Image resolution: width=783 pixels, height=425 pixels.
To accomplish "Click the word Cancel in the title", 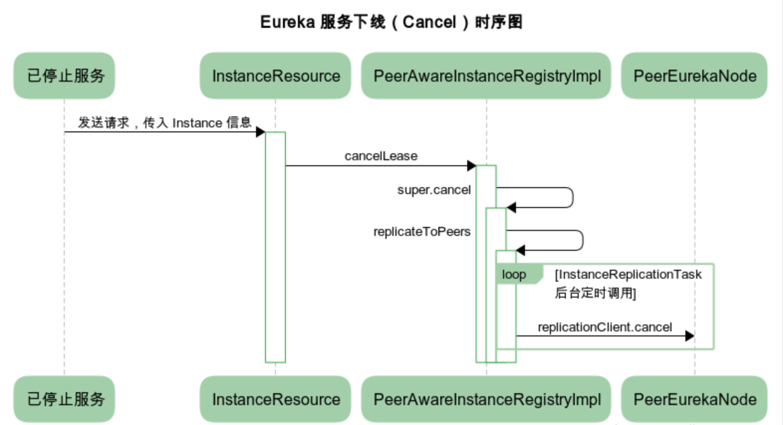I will (429, 22).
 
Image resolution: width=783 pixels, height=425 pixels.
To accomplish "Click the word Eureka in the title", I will (287, 22).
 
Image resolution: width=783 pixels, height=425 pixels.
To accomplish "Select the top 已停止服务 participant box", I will (64, 76).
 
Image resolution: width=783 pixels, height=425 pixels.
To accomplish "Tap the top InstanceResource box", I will (275, 76).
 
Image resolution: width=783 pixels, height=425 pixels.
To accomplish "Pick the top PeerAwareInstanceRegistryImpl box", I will (486, 76).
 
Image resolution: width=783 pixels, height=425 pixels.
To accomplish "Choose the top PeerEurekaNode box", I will (694, 76).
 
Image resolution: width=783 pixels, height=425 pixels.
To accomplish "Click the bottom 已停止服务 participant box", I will (64, 399).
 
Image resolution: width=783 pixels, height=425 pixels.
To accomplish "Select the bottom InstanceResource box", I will (275, 399).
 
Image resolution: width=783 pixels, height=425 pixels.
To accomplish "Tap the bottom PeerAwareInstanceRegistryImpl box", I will (486, 399).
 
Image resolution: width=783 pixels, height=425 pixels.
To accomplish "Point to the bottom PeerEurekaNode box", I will (694, 399).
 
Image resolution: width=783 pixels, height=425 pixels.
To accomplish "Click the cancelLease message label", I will (381, 156).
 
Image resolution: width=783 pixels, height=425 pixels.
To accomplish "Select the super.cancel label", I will (434, 190).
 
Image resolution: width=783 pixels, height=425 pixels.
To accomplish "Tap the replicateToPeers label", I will (422, 231).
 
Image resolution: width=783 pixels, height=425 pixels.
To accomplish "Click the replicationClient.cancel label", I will (605, 327).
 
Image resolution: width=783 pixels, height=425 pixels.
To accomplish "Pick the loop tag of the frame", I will (514, 274).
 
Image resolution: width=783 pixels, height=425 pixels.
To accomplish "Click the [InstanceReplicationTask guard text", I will (628, 274).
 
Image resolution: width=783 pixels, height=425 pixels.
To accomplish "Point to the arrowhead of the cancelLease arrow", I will (471, 166).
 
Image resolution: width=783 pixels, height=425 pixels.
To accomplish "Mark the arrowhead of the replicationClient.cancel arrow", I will (689, 336).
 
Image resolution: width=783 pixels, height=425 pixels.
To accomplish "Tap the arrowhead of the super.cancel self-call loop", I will (511, 208).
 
